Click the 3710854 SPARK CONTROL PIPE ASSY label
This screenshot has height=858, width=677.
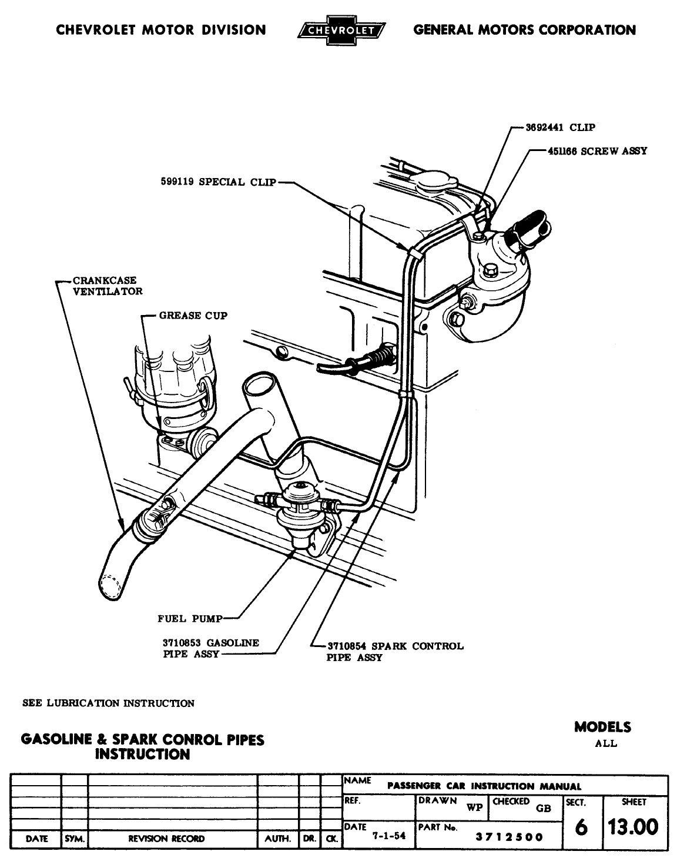pyautogui.click(x=394, y=652)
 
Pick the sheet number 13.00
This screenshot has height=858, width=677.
pyautogui.click(x=633, y=827)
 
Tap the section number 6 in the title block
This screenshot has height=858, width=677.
pyautogui.click(x=581, y=827)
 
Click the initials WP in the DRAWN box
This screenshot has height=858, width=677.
pyautogui.click(x=474, y=807)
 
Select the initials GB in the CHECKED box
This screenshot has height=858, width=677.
pyautogui.click(x=544, y=808)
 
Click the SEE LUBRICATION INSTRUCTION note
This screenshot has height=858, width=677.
pyautogui.click(x=108, y=703)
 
